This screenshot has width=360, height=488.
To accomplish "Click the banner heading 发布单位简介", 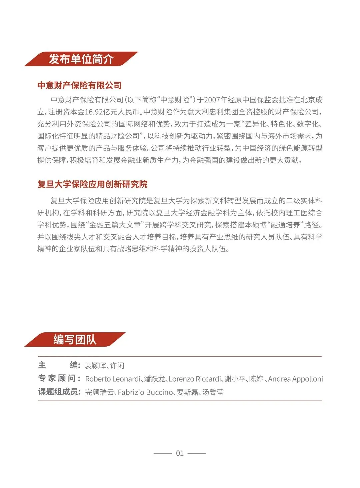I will click(81, 59).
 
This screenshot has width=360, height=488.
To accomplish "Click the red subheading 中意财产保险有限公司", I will click(79, 85).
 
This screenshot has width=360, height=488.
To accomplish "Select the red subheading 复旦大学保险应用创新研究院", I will click(92, 184).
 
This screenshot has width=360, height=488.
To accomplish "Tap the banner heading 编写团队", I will click(75, 340).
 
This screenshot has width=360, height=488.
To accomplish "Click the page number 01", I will click(180, 453).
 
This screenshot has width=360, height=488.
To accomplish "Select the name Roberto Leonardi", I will click(113, 379).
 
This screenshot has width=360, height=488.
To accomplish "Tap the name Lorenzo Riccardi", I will click(195, 379).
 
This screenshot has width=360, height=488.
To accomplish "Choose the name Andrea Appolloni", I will click(295, 379).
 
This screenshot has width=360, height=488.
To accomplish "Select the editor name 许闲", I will click(117, 366).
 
